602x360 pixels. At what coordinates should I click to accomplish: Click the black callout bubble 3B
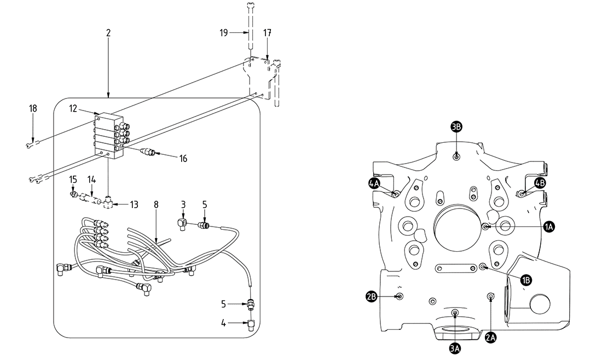point(457,127)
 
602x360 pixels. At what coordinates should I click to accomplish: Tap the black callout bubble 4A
point(374,184)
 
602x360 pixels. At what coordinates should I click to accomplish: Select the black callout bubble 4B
point(540,183)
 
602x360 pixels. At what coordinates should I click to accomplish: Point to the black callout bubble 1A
point(549,226)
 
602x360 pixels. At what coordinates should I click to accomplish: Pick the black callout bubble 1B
point(525,280)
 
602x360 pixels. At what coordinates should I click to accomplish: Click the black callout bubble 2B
point(372,297)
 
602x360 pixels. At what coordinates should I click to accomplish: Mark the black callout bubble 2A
point(491,338)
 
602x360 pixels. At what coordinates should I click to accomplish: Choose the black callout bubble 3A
point(455,347)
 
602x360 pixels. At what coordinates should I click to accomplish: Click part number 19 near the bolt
point(224,33)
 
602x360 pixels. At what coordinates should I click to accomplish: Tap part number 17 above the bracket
point(267,33)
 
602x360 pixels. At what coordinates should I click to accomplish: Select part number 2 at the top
point(108,33)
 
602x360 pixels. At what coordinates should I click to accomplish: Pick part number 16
point(183,159)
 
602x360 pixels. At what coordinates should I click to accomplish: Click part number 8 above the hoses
point(156,205)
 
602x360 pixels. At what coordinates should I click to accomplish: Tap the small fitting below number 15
point(73,193)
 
